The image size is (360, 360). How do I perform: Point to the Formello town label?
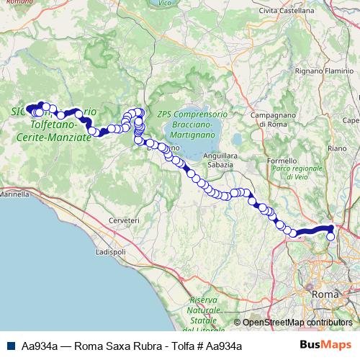tap(282, 160)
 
